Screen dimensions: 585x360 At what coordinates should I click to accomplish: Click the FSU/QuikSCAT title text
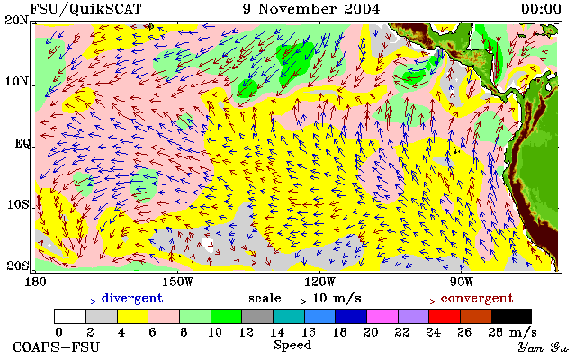pyautogui.click(x=85, y=9)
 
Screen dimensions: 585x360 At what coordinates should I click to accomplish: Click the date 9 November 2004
pyautogui.click(x=311, y=9)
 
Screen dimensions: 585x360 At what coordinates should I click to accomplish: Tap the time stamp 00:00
pyautogui.click(x=541, y=9)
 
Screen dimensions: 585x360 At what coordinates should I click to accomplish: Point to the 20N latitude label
pyautogui.click(x=16, y=20)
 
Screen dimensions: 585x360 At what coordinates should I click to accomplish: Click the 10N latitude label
pyautogui.click(x=16, y=81)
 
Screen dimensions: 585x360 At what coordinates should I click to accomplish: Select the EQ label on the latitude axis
pyautogui.click(x=22, y=143)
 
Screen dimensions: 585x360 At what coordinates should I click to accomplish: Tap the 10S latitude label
pyautogui.click(x=17, y=204)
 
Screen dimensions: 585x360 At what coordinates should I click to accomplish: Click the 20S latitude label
pyautogui.click(x=17, y=265)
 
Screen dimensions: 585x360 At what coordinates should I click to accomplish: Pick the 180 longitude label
pyautogui.click(x=35, y=282)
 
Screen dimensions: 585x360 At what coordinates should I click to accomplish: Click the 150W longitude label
pyautogui.click(x=178, y=282)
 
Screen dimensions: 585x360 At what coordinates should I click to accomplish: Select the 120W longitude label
pyautogui.click(x=319, y=282)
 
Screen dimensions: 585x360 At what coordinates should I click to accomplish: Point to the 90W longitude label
pyautogui.click(x=462, y=282)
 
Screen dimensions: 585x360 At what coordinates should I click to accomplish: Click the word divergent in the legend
pyautogui.click(x=132, y=299)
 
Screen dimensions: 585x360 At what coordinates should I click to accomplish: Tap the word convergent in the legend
pyautogui.click(x=477, y=299)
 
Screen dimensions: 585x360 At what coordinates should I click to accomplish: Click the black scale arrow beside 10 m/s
pyautogui.click(x=297, y=301)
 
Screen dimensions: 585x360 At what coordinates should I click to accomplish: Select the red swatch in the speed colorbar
pyautogui.click(x=445, y=316)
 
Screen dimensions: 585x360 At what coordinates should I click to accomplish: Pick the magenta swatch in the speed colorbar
pyautogui.click(x=382, y=316)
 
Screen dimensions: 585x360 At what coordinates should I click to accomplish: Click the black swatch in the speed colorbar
pyautogui.click(x=511, y=316)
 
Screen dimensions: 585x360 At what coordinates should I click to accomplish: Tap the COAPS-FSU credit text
pyautogui.click(x=57, y=346)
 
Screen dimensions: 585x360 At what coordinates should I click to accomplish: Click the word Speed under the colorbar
pyautogui.click(x=292, y=345)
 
